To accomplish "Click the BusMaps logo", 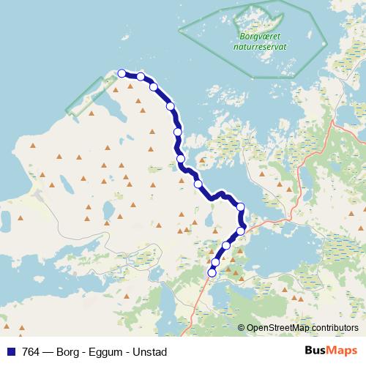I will click(x=330, y=351).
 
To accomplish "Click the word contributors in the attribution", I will click(x=335, y=328).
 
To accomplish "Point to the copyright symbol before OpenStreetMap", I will click(x=241, y=328).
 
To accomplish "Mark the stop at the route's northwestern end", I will click(x=122, y=73).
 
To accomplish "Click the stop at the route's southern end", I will click(x=212, y=272).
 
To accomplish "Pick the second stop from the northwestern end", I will click(x=140, y=76).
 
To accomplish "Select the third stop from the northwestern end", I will click(x=154, y=86).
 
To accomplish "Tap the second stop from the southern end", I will click(x=215, y=261).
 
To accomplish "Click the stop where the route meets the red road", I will click(x=241, y=231).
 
